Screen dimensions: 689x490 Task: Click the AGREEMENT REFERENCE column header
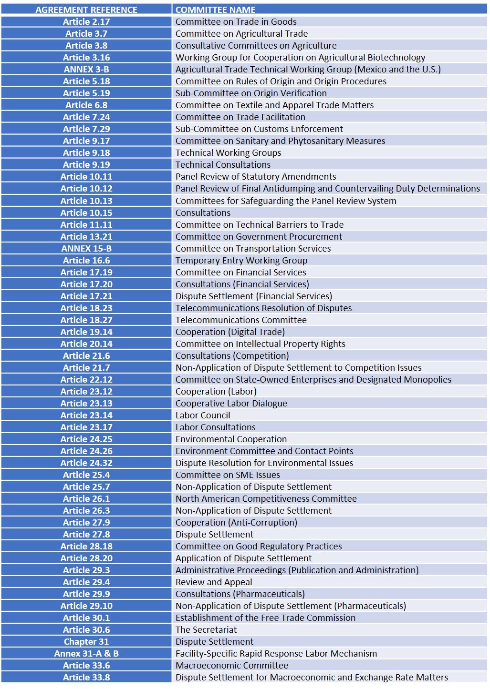pos(86,10)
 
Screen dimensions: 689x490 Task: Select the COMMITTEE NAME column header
pos(215,10)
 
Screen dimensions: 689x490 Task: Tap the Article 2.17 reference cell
pos(86,22)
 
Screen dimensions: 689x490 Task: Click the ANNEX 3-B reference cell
pos(86,70)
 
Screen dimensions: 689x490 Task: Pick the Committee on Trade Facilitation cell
pos(240,117)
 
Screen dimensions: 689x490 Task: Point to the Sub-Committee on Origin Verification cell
pos(251,93)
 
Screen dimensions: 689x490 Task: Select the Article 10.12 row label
pos(86,189)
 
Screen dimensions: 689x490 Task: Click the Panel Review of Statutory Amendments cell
pos(256,177)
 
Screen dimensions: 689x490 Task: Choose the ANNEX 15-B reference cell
pos(86,249)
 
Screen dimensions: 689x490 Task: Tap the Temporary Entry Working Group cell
pos(241,261)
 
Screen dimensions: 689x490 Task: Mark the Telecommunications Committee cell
pos(241,320)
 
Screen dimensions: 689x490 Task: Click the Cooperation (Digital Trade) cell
pos(230,332)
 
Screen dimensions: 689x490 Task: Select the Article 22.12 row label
pos(86,380)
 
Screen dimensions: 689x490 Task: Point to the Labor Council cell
pos(203,415)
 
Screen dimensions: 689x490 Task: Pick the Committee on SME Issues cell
pos(228,475)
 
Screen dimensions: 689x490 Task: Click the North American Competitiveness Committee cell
pos(266,499)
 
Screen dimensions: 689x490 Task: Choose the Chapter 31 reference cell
pos(86,642)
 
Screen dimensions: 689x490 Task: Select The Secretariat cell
pos(206,630)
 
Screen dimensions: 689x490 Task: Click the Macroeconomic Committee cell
pos(232,666)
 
